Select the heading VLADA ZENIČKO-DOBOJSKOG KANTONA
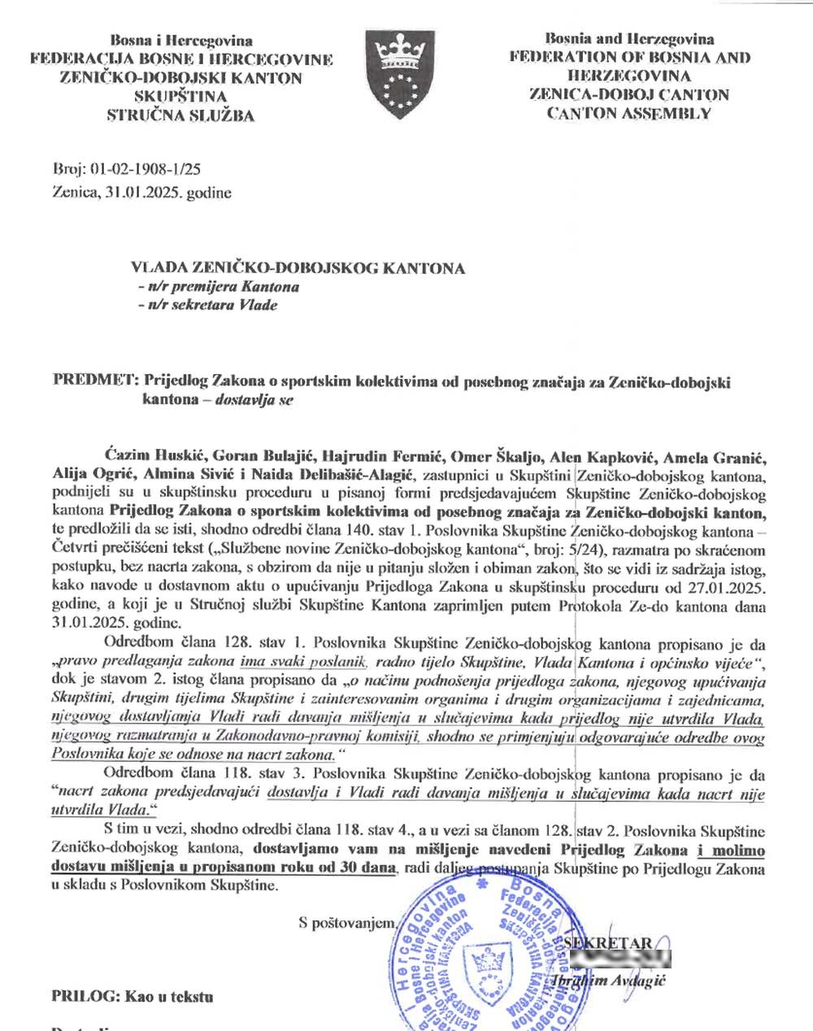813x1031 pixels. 298,268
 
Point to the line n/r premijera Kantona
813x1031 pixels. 218,286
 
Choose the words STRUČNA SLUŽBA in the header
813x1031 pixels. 180,115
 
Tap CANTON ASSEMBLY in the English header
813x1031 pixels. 628,114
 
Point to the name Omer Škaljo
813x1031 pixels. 498,456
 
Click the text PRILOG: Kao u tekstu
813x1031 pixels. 132,996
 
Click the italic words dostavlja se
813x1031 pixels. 254,399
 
